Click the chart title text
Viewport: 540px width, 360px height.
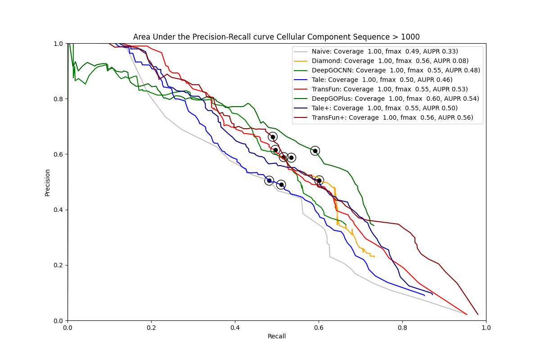[x=276, y=37]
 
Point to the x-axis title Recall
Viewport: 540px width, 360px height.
[x=277, y=336]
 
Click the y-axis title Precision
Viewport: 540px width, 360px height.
[x=47, y=182]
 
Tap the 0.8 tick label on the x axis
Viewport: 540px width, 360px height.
[x=402, y=328]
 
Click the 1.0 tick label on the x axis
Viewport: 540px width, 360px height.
[x=486, y=328]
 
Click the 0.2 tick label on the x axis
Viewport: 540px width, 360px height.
[x=151, y=328]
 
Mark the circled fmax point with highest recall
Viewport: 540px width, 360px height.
[x=319, y=180]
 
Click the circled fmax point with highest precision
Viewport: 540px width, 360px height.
[x=273, y=137]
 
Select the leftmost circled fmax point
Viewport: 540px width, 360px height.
[x=269, y=180]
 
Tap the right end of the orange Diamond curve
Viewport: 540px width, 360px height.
[x=374, y=256]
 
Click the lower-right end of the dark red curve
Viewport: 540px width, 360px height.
[x=477, y=314]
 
